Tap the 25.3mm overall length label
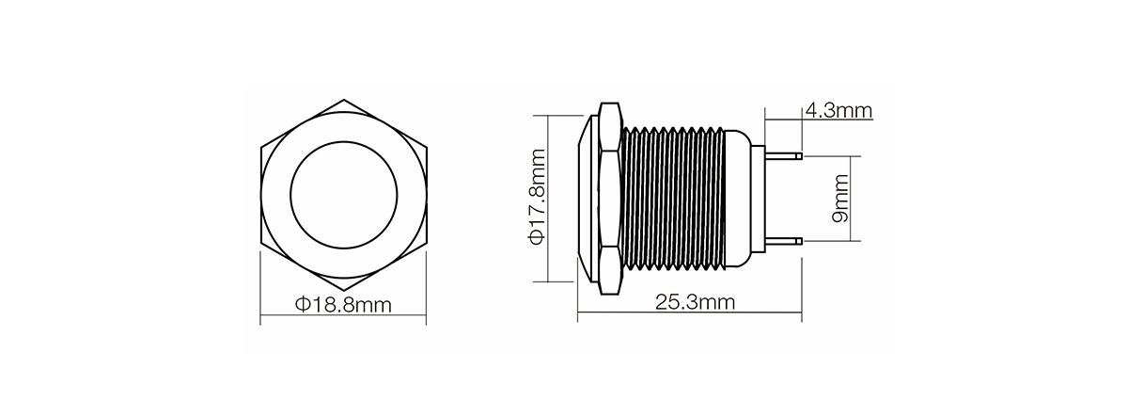click(695, 303)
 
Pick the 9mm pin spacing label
click(839, 199)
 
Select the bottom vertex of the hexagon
click(343, 289)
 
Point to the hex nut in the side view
click(607, 198)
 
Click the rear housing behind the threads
click(740, 198)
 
